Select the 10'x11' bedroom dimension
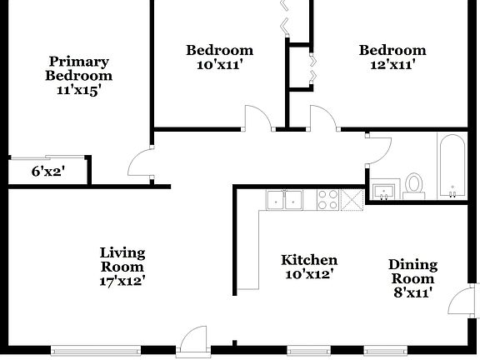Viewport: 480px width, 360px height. pyautogui.click(x=219, y=64)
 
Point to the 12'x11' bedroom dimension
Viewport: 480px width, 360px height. pyautogui.click(x=392, y=64)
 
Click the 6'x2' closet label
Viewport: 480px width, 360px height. pyautogui.click(x=47, y=172)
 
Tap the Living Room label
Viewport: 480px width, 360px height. pyautogui.click(x=122, y=259)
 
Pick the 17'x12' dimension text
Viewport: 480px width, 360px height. pyautogui.click(x=122, y=281)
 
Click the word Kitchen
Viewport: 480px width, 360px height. pyautogui.click(x=309, y=260)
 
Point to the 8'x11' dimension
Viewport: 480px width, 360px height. pyautogui.click(x=412, y=293)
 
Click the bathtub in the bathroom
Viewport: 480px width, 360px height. pyautogui.click(x=454, y=164)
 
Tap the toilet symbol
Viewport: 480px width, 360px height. pyautogui.click(x=414, y=185)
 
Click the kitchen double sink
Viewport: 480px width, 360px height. pyautogui.click(x=285, y=199)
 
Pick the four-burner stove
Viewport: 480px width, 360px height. pyautogui.click(x=328, y=199)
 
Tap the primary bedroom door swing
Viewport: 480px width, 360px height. pyautogui.click(x=142, y=162)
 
